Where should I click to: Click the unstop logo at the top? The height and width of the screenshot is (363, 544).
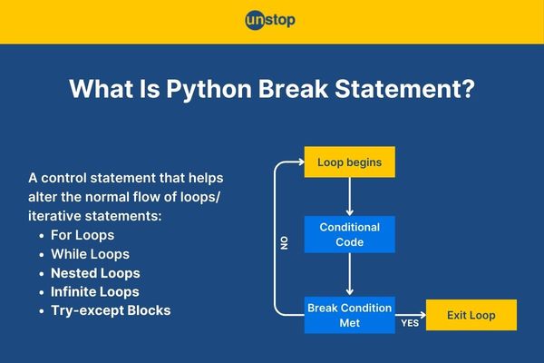(x=270, y=20)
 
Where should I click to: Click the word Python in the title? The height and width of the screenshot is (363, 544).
(x=209, y=89)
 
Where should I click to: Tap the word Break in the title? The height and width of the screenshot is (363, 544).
(x=293, y=88)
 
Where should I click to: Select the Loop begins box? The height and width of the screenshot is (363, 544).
(x=350, y=162)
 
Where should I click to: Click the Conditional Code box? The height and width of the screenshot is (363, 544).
(x=350, y=234)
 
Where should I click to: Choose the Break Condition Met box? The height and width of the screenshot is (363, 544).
(x=350, y=315)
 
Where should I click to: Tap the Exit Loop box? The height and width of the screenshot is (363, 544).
(x=471, y=315)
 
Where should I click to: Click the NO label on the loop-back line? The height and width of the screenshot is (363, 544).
(x=284, y=243)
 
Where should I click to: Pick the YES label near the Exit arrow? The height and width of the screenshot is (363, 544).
(x=410, y=323)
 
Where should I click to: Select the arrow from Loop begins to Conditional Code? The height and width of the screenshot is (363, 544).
(x=350, y=197)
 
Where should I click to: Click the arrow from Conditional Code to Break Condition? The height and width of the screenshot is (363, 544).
(x=350, y=274)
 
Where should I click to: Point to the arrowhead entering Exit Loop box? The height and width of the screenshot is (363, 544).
(x=423, y=315)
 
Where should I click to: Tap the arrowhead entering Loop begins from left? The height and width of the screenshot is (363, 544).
(x=301, y=162)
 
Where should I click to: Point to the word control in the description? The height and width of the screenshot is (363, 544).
(x=63, y=178)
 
